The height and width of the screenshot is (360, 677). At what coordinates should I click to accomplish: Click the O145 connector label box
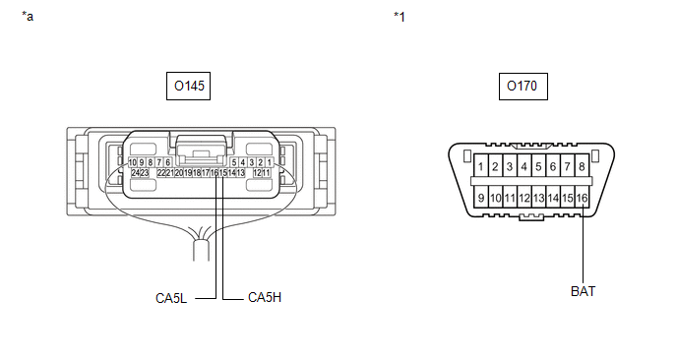188,86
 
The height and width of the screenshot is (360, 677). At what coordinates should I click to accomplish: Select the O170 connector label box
523,87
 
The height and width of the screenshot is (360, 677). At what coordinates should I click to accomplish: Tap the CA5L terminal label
171,298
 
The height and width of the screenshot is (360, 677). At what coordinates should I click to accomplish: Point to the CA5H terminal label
265,297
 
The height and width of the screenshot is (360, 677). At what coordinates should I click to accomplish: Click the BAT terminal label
583,291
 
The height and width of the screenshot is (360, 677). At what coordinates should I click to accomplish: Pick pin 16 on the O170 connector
582,198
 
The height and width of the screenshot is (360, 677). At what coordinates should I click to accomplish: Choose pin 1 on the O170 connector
480,166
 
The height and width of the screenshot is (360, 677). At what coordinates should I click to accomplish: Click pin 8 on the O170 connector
582,166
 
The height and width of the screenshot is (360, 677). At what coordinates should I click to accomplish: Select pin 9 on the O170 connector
480,198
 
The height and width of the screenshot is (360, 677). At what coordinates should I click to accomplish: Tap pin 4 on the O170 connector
524,166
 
